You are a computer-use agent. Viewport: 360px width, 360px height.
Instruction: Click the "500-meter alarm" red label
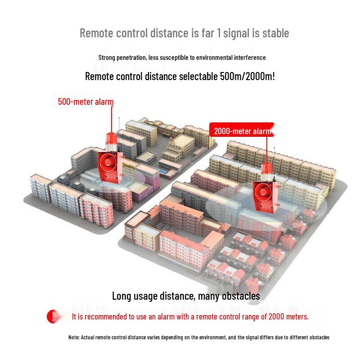[x=85, y=102]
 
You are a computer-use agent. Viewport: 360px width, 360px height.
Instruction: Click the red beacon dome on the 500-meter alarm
[x=111, y=139]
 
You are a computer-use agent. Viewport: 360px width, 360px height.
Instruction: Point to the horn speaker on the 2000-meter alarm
[x=262, y=192]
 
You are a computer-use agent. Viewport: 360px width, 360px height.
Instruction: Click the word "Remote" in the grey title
[x=97, y=33]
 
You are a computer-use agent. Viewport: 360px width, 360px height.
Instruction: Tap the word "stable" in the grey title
[x=275, y=33]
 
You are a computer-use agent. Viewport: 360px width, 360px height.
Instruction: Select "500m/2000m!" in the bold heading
[x=247, y=76]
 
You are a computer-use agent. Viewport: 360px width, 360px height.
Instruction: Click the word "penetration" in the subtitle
[x=131, y=58]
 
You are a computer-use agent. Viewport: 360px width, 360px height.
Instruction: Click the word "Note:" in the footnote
[x=74, y=337]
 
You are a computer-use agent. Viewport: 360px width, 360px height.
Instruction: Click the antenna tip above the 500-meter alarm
[x=119, y=118]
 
